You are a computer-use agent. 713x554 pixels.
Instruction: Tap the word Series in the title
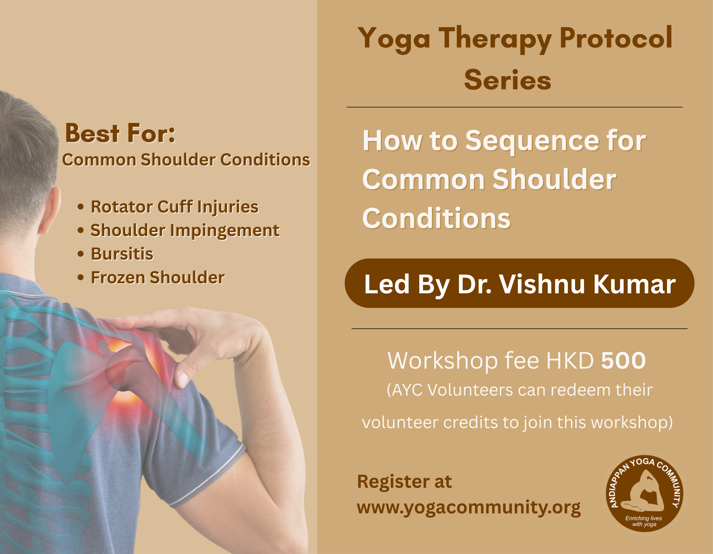click(508, 80)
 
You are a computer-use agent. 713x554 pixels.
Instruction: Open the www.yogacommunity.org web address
click(469, 508)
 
